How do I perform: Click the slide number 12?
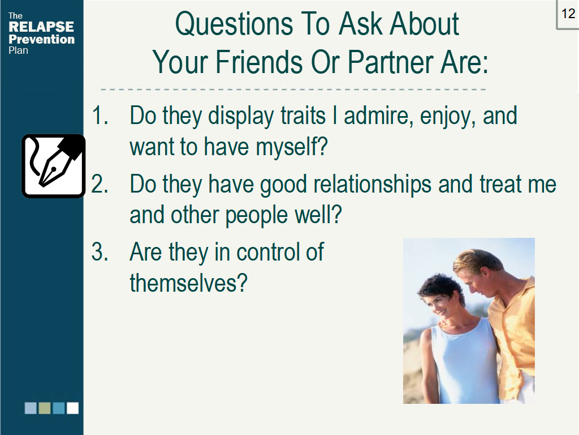click(x=568, y=14)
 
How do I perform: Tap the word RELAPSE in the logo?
click(x=41, y=27)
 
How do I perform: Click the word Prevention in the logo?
click(x=41, y=39)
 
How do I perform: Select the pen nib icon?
click(x=54, y=166)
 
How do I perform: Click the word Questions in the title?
click(x=234, y=24)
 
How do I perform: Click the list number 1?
click(x=100, y=116)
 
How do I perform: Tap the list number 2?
click(x=100, y=184)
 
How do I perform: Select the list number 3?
click(x=100, y=251)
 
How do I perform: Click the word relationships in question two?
click(x=372, y=184)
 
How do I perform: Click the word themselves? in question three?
click(x=188, y=283)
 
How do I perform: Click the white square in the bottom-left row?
click(x=72, y=408)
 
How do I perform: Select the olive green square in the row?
click(x=45, y=408)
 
